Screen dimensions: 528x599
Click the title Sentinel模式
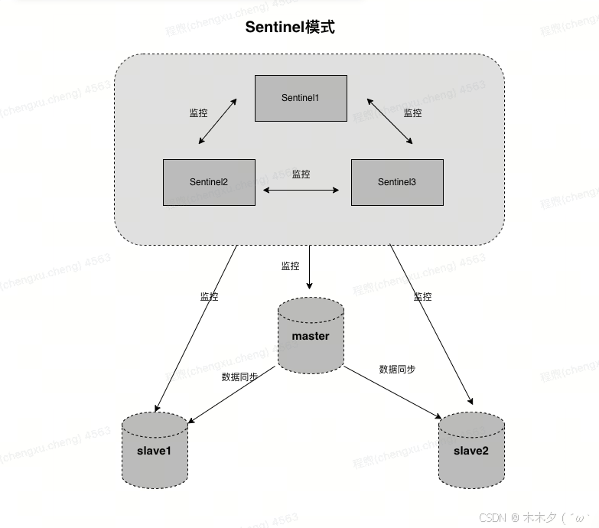point(290,27)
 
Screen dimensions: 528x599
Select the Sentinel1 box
point(301,98)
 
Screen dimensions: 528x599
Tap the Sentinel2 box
point(209,182)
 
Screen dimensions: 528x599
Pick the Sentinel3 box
point(397,182)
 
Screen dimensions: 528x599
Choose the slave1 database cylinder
point(155,450)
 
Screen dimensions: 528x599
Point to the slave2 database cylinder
point(470,450)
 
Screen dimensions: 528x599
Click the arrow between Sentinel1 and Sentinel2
point(217,121)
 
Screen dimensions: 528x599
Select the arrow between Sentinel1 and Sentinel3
point(389,121)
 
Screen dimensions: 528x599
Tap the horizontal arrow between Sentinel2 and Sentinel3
point(301,189)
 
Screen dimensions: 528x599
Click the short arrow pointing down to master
point(309,268)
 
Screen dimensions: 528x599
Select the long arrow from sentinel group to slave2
point(431,324)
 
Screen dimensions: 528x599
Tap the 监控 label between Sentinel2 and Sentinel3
point(301,174)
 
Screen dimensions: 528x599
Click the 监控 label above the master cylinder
point(291,266)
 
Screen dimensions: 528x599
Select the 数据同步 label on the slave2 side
point(397,369)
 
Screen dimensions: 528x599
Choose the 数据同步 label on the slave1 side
point(239,376)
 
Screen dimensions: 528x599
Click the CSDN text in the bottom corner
point(493,518)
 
